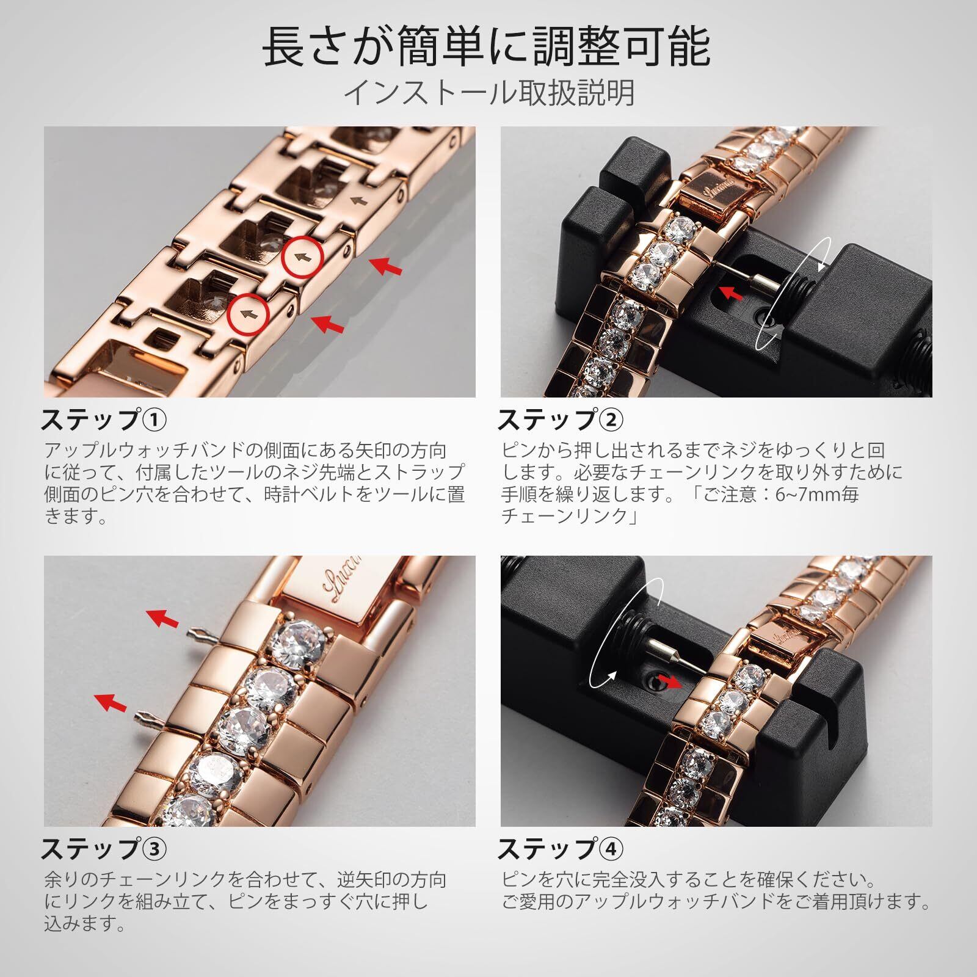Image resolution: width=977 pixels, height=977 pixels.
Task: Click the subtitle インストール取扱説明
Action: pyautogui.click(x=489, y=93)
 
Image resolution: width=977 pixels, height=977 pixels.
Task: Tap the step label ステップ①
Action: pyautogui.click(x=103, y=420)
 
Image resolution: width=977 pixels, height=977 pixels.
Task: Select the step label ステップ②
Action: pyautogui.click(x=561, y=420)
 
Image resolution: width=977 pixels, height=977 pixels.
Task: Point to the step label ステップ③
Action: pyautogui.click(x=103, y=849)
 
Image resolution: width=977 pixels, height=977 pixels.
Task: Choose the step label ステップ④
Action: pyautogui.click(x=561, y=849)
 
